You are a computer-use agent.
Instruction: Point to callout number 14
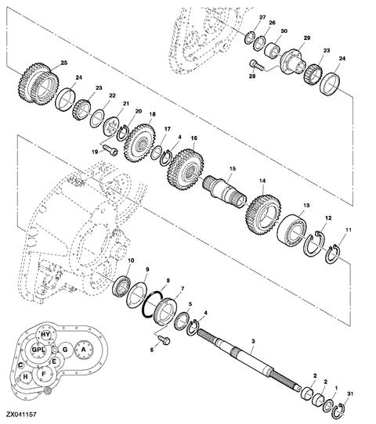point(262,181)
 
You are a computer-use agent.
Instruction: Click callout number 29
point(306,38)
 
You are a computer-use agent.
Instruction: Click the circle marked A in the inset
point(83,350)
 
